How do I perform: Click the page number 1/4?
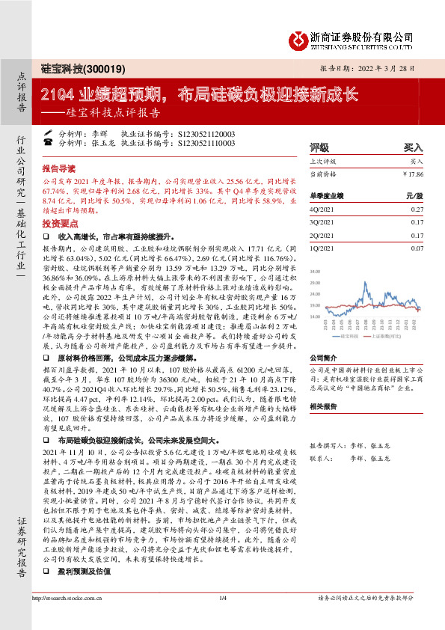click(x=222, y=619)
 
